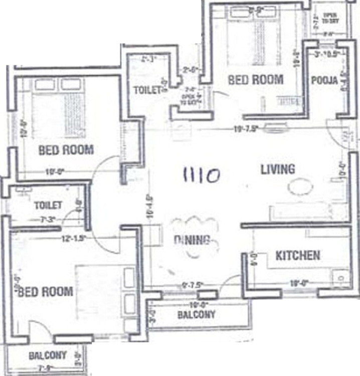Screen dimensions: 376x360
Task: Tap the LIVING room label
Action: (x=277, y=169)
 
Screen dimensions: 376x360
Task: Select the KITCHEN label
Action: (x=297, y=256)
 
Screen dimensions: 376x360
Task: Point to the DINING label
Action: (x=192, y=240)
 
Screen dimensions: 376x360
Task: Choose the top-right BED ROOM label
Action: (x=255, y=79)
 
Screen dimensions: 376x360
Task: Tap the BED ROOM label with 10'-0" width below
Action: (x=66, y=149)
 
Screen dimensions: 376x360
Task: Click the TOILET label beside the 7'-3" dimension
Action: (x=48, y=205)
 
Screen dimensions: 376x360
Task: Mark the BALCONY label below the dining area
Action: (x=196, y=315)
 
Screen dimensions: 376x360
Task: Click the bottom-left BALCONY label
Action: (x=48, y=355)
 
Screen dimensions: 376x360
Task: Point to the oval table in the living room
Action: (x=300, y=187)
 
